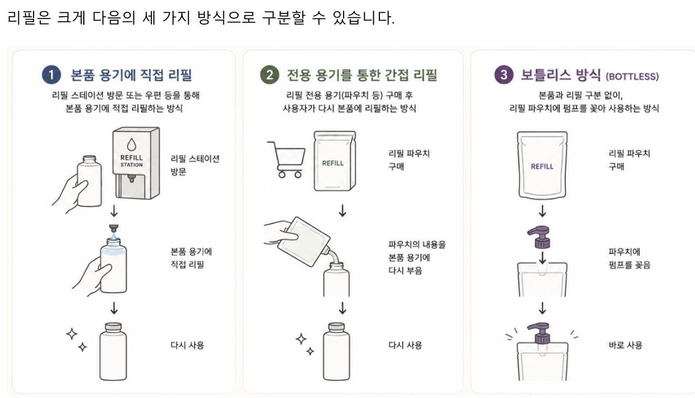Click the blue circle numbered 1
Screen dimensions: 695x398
point(51,75)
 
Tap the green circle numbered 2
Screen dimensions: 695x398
point(269,75)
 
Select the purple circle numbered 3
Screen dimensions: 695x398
point(503,75)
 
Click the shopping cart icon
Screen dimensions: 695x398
point(287,159)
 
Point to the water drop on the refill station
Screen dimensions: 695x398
point(131,144)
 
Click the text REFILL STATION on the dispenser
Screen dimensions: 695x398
point(131,161)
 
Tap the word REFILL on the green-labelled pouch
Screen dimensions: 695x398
point(333,163)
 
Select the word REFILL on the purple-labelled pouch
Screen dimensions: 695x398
point(542,167)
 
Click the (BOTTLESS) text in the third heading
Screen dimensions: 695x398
point(632,77)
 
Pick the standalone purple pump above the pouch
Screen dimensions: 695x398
point(540,237)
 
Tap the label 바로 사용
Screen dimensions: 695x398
point(625,345)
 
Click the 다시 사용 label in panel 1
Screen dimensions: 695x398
point(187,345)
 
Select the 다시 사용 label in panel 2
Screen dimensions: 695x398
point(405,345)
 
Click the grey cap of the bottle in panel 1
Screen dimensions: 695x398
point(113,327)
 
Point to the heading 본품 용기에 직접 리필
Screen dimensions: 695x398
point(131,75)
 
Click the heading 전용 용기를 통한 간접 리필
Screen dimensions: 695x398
point(362,75)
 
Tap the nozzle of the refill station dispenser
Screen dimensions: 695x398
point(131,178)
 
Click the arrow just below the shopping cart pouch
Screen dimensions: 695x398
point(342,211)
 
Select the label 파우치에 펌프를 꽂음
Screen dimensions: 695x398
point(629,258)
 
